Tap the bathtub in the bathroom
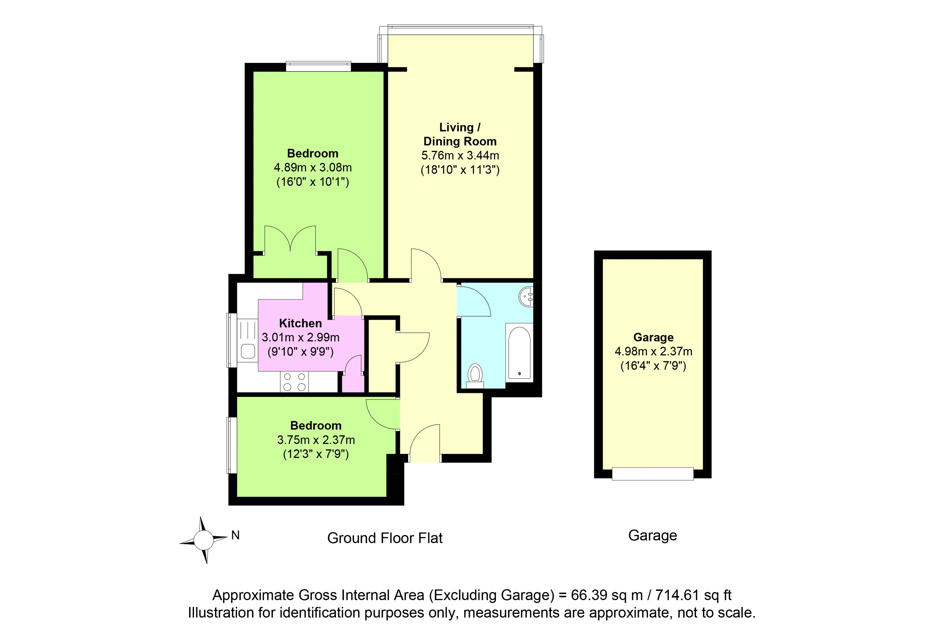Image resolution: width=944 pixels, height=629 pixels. [519, 353]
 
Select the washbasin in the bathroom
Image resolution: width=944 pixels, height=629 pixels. [527, 297]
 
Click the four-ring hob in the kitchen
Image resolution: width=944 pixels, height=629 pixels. [294, 381]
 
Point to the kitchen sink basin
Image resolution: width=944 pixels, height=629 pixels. [248, 351]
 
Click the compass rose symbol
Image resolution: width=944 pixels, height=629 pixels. [203, 540]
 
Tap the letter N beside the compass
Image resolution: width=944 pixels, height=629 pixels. [236, 535]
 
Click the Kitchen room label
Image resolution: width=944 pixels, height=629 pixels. [300, 323]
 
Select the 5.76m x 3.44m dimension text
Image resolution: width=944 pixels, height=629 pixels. [460, 155]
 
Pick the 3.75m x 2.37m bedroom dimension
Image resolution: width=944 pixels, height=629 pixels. [316, 440]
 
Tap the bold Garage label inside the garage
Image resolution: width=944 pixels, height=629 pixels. [653, 337]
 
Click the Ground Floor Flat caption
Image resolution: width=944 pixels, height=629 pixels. [384, 538]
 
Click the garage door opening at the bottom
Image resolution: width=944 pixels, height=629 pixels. [653, 474]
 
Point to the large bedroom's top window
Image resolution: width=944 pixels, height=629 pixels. [318, 66]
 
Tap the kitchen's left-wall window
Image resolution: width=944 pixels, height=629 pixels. [232, 340]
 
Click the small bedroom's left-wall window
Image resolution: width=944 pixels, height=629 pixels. [232, 445]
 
